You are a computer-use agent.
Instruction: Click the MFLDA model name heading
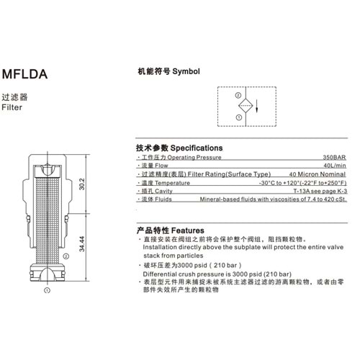point(24,74)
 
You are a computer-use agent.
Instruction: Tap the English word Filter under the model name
point(12,107)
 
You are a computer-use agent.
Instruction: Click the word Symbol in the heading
point(186,71)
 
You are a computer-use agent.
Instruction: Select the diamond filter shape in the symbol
point(246,106)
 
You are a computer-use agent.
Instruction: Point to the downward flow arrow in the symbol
point(256,106)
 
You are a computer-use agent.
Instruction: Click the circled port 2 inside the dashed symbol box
point(238,95)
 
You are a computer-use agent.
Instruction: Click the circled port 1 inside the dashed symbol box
point(239,117)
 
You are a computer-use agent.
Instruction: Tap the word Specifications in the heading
point(197,148)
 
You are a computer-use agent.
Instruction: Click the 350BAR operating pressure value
point(334,158)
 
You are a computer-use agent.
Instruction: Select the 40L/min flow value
point(335,166)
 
